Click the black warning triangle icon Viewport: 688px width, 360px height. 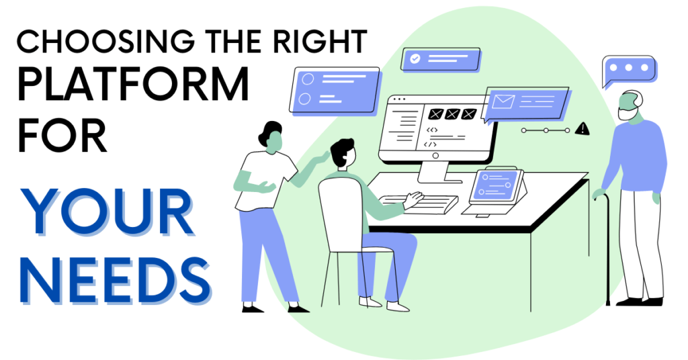(x=582, y=129)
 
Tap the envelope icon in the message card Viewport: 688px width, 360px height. (x=502, y=101)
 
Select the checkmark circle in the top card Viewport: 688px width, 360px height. (x=415, y=58)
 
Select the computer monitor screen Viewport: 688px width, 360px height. (x=437, y=128)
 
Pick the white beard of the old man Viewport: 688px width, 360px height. (x=628, y=115)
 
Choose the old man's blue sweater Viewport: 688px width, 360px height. (x=635, y=158)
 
